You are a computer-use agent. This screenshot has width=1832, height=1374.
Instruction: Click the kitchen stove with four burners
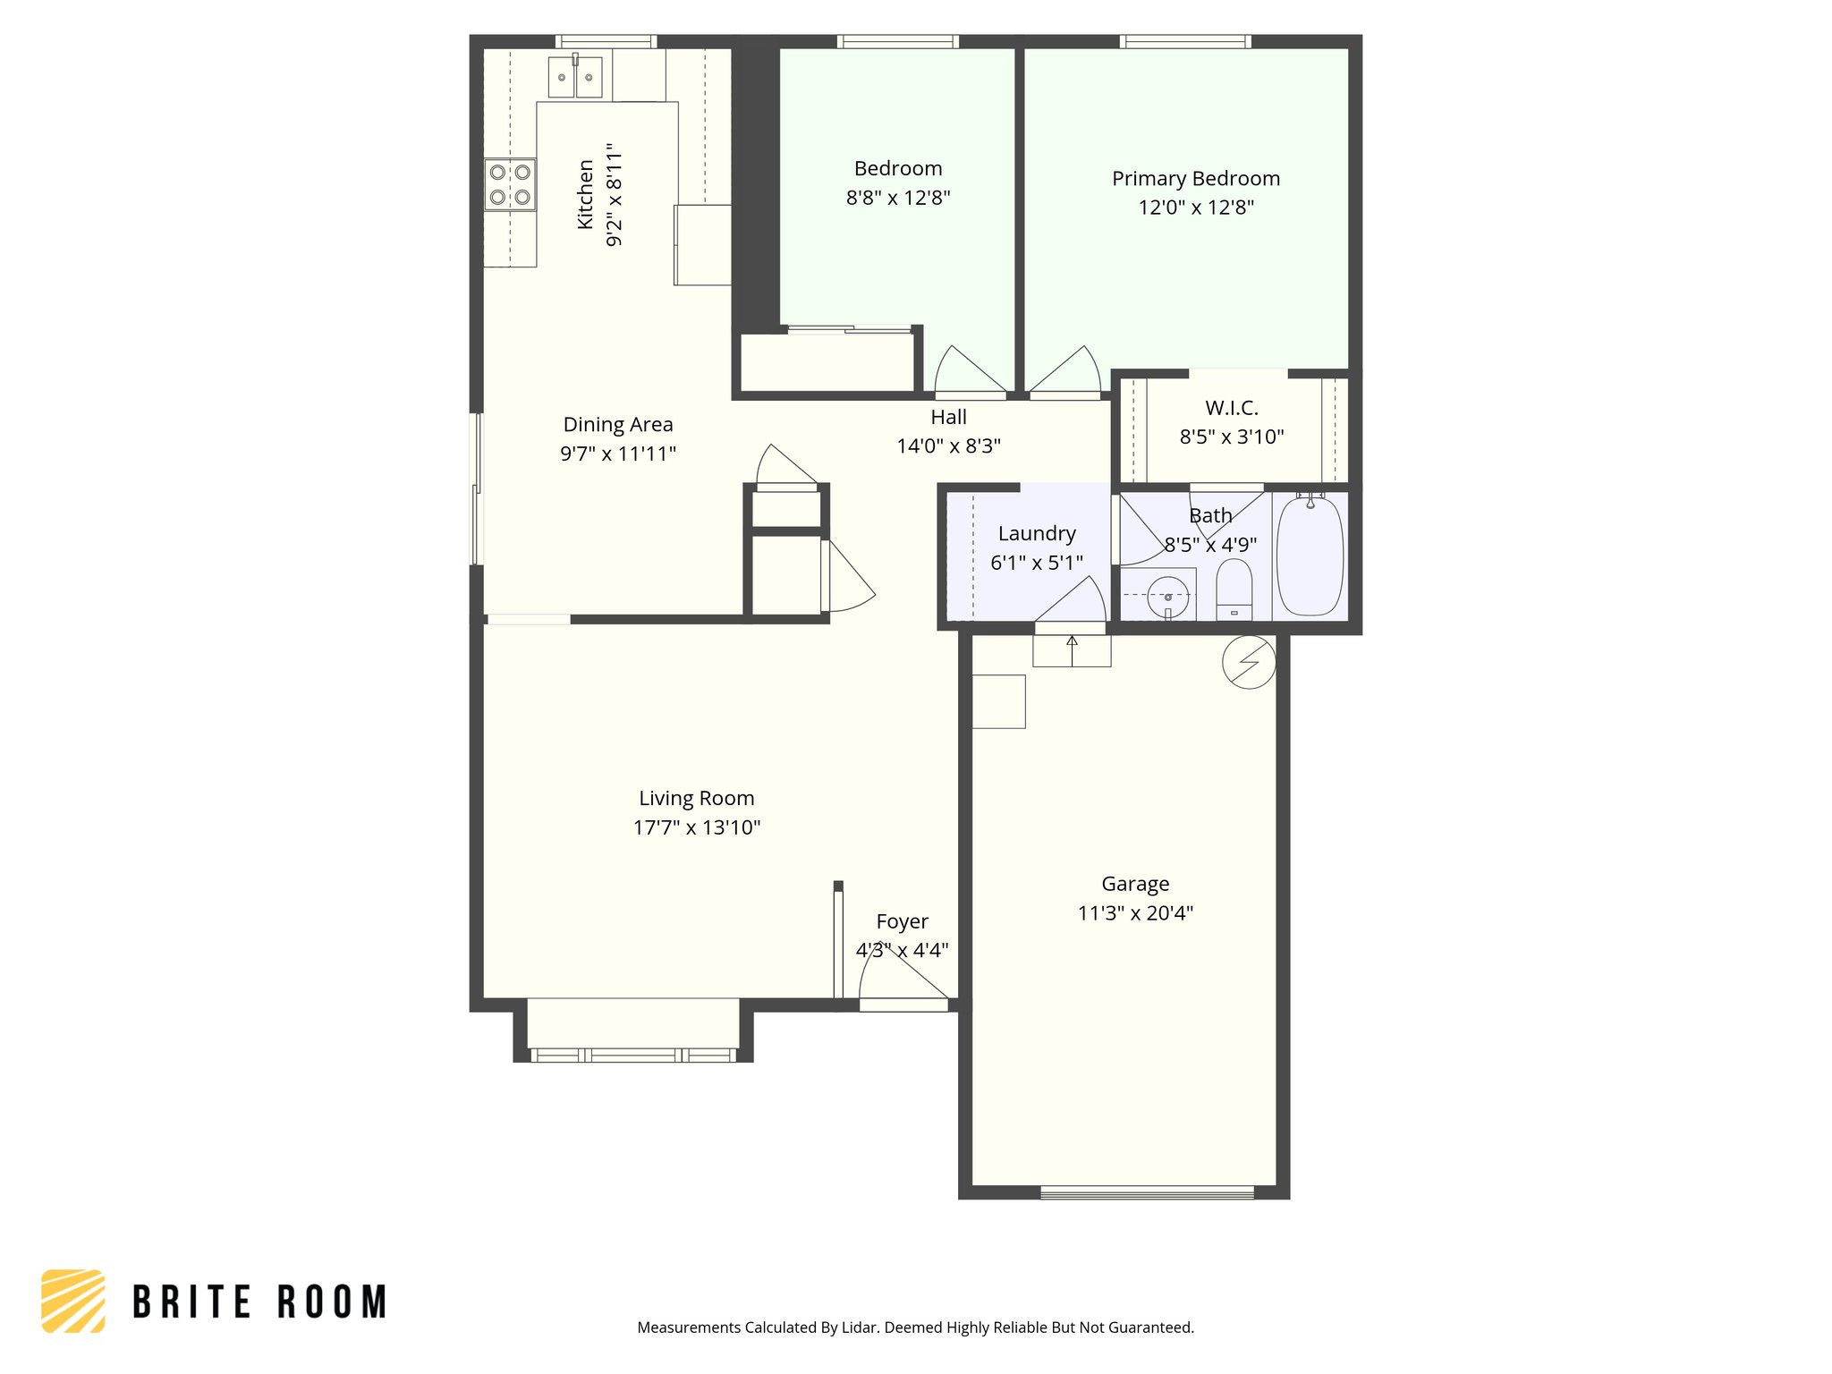[x=510, y=185]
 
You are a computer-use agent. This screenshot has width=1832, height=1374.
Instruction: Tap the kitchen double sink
[x=574, y=77]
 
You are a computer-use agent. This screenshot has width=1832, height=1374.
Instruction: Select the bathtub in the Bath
[x=1310, y=556]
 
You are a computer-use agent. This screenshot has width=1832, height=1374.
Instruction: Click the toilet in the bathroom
[x=1234, y=589]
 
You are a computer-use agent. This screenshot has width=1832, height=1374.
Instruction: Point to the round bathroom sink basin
[x=1168, y=597]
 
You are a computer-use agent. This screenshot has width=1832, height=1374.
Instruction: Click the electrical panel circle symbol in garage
[x=1249, y=662]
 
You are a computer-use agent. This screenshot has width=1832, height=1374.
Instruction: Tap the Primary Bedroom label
[x=1196, y=179]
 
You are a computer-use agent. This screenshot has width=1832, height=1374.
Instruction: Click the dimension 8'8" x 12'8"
[x=898, y=198]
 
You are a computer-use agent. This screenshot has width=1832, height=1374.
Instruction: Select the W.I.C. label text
[x=1232, y=408]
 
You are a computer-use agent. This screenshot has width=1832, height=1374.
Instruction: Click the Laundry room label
[x=1037, y=534]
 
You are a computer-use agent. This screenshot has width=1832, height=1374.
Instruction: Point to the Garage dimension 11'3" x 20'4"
[x=1135, y=913]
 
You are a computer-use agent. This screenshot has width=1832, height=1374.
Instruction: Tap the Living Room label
[x=696, y=798]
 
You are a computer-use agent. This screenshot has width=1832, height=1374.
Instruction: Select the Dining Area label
[x=618, y=425]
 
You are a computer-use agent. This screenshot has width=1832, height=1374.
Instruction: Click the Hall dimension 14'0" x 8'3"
[x=948, y=445]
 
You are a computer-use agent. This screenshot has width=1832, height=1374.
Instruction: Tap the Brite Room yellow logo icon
[x=73, y=1301]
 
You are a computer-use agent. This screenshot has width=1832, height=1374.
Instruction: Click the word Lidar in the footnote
[x=860, y=1327]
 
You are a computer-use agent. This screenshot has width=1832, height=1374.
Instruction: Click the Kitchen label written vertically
[x=586, y=194]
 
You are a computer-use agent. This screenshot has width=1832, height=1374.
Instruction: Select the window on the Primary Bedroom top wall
[x=1184, y=41]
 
